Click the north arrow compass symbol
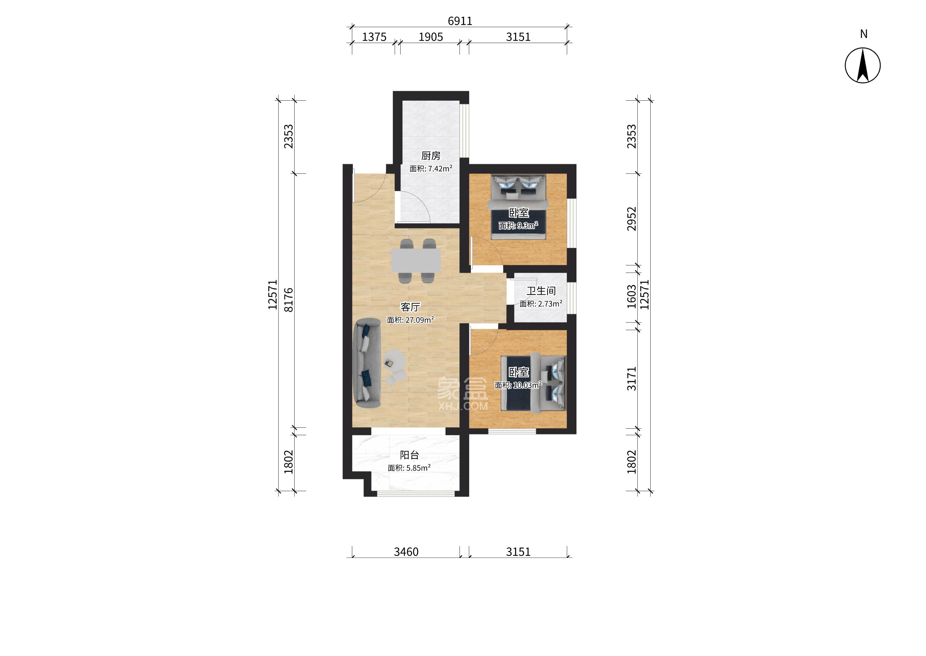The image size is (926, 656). pos(862,65)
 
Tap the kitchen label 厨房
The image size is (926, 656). pos(430,156)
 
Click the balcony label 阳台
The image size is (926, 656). pos(409,455)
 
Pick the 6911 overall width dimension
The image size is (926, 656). pos(460,21)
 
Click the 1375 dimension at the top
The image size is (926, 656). pos(374,37)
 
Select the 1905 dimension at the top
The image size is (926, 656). pos(430,37)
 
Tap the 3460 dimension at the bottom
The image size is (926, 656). pos(406,552)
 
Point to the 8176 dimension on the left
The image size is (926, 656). pos(289,300)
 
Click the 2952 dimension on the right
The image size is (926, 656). pos(631,219)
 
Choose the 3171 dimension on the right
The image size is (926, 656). pos(631,379)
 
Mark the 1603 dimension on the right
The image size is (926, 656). pos(631,297)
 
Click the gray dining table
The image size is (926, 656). pos(416,260)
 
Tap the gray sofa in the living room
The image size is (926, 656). pos(84,363)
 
